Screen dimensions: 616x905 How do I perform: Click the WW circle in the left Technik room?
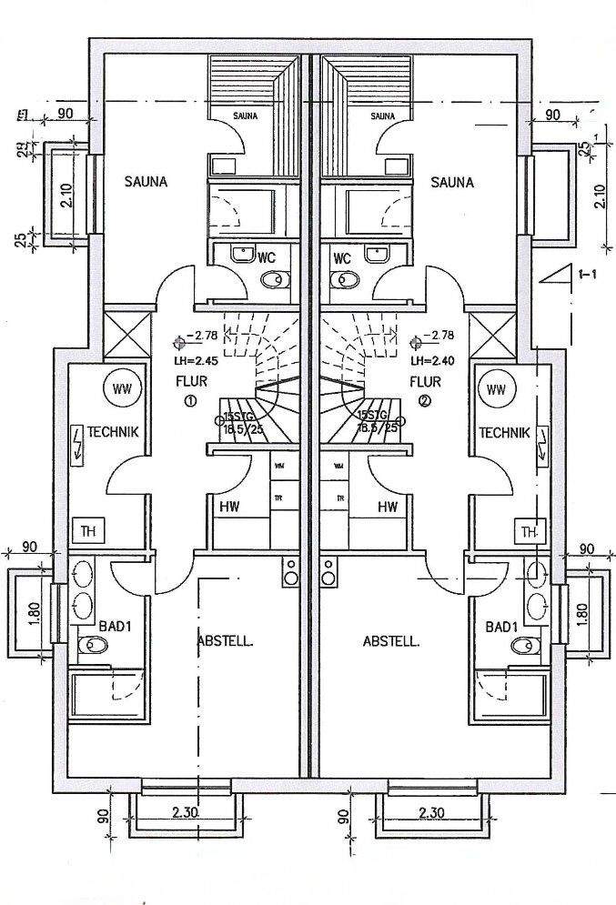click(x=121, y=390)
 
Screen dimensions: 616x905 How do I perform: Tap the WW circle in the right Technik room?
click(x=496, y=390)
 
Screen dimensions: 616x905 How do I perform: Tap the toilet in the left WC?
click(x=274, y=281)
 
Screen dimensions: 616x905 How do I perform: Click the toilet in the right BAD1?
click(x=522, y=646)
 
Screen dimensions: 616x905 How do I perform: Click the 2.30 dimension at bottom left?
click(x=187, y=813)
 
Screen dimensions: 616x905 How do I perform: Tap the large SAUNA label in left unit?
click(x=146, y=182)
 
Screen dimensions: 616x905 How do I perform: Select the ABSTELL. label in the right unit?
click(x=391, y=641)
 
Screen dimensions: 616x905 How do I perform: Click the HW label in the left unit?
click(x=228, y=507)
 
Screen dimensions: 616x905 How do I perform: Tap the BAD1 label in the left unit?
click(x=115, y=627)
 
